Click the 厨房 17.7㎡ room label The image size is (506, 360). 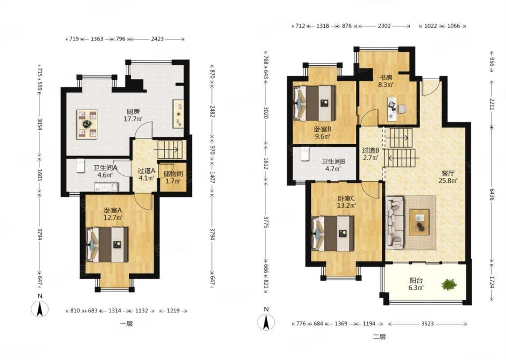pyautogui.click(x=133, y=115)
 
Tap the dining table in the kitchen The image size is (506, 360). pyautogui.click(x=87, y=124)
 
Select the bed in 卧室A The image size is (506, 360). pyautogui.click(x=107, y=245)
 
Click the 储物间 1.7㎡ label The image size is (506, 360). pyautogui.click(x=173, y=177)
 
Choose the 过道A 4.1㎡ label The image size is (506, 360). pyautogui.click(x=147, y=174)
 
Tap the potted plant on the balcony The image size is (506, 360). pyautogui.click(x=449, y=284)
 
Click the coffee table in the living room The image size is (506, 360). pyautogui.click(x=419, y=222)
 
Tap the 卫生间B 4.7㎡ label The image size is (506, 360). pyautogui.click(x=333, y=165)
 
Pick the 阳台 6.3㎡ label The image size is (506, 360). pyautogui.click(x=416, y=284)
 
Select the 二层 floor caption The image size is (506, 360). pyautogui.click(x=380, y=337)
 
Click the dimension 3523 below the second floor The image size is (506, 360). pyautogui.click(x=427, y=324)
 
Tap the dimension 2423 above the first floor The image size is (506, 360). pyautogui.click(x=157, y=39)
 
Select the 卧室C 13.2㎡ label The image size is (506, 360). pyautogui.click(x=347, y=202)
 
